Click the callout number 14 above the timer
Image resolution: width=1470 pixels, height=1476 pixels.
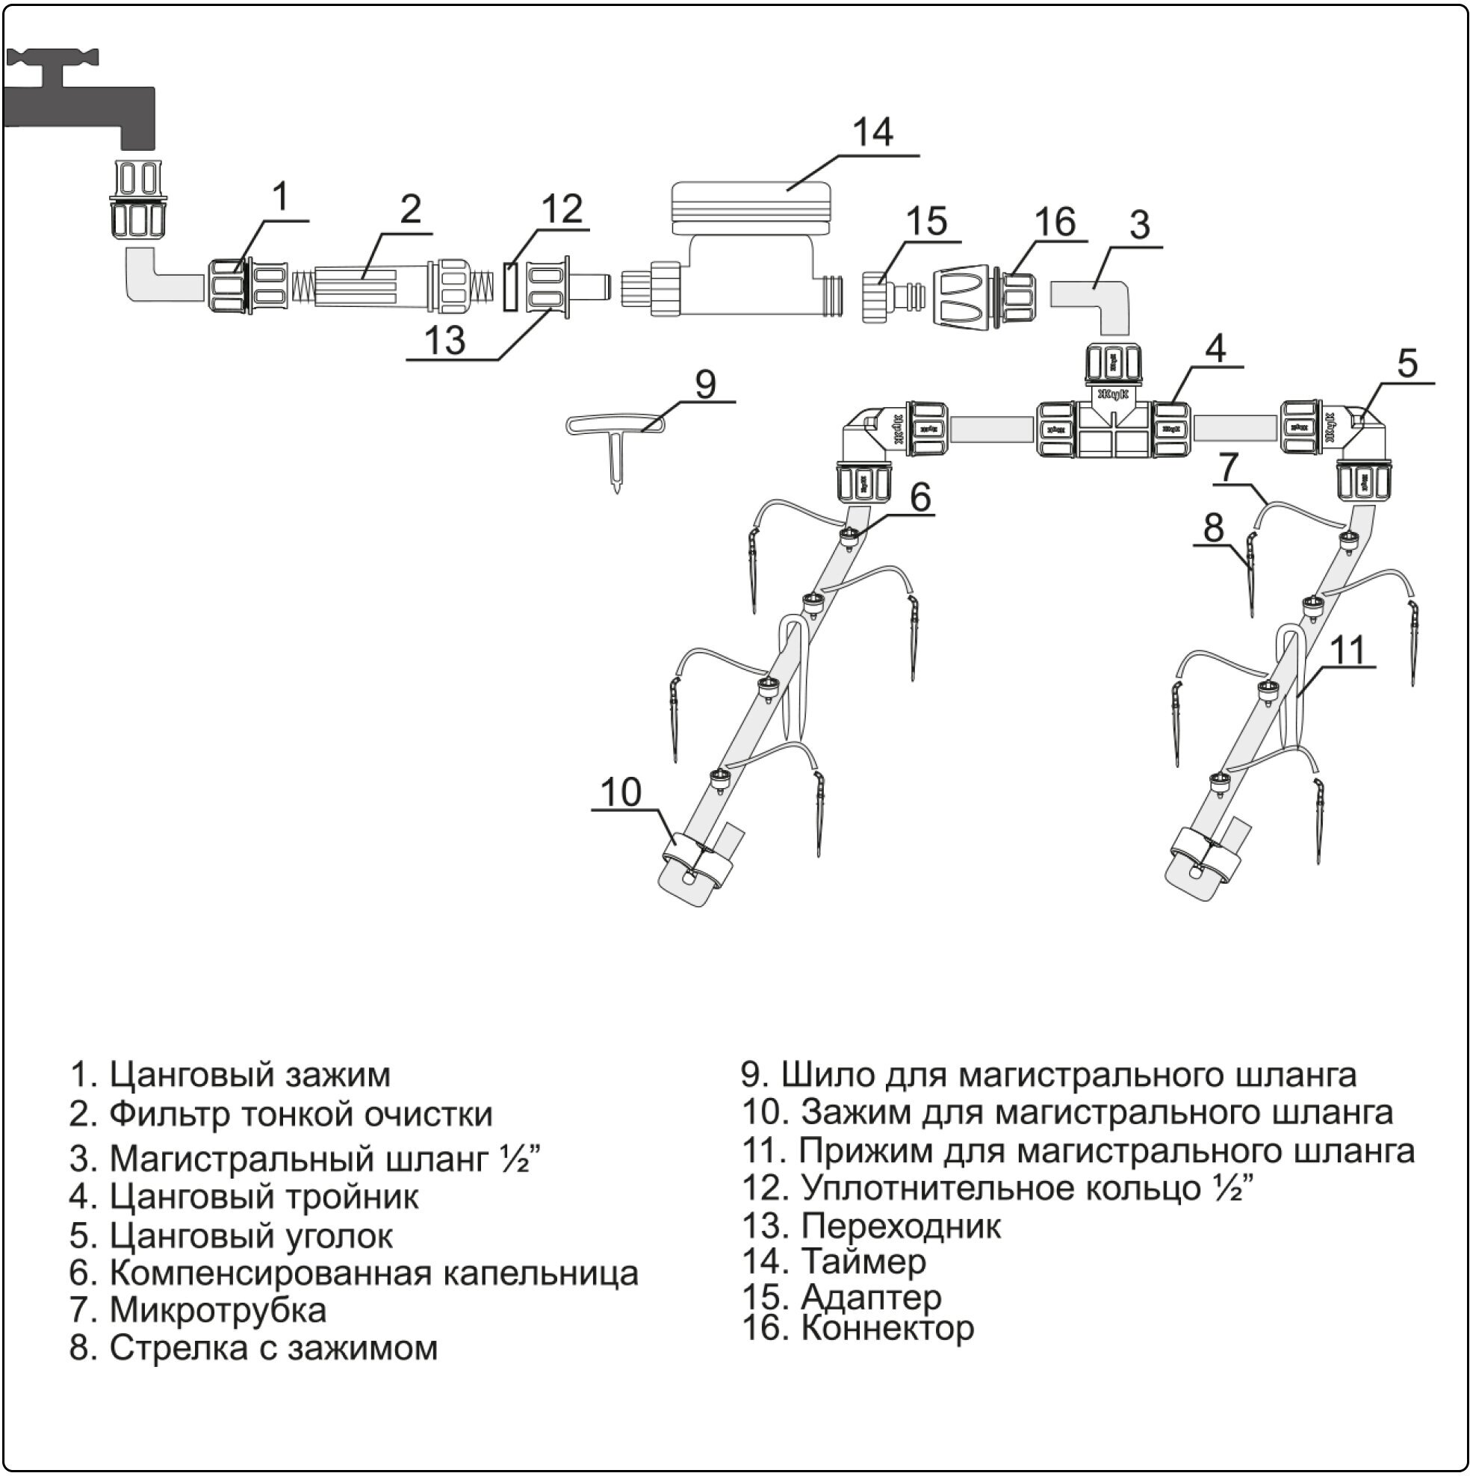click(872, 132)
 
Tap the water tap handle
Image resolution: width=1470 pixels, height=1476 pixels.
click(54, 58)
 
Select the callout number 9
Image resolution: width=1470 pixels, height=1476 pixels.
click(704, 383)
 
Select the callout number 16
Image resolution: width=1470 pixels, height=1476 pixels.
click(1055, 222)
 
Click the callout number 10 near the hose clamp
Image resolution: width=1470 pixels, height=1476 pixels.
click(621, 793)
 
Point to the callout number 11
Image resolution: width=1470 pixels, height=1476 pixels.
click(1347, 651)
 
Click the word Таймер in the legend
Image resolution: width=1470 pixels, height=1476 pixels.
click(863, 1261)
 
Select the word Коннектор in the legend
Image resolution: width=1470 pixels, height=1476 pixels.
click(887, 1328)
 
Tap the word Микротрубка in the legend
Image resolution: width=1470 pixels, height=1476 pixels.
click(218, 1309)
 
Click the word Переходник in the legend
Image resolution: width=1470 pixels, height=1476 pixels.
click(901, 1226)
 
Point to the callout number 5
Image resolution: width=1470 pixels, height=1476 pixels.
click(1407, 364)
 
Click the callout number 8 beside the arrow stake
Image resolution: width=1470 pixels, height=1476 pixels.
click(1213, 528)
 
